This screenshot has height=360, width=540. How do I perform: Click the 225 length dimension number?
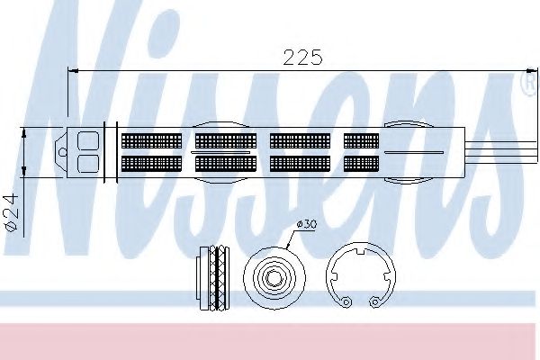[302, 58]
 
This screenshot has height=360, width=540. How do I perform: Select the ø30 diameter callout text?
[307, 225]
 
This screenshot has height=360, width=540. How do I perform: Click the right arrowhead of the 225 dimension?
[532, 70]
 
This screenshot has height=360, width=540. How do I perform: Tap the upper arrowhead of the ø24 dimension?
[23, 133]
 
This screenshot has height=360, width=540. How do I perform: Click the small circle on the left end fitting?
[63, 152]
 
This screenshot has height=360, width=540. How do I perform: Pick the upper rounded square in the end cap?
[88, 141]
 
